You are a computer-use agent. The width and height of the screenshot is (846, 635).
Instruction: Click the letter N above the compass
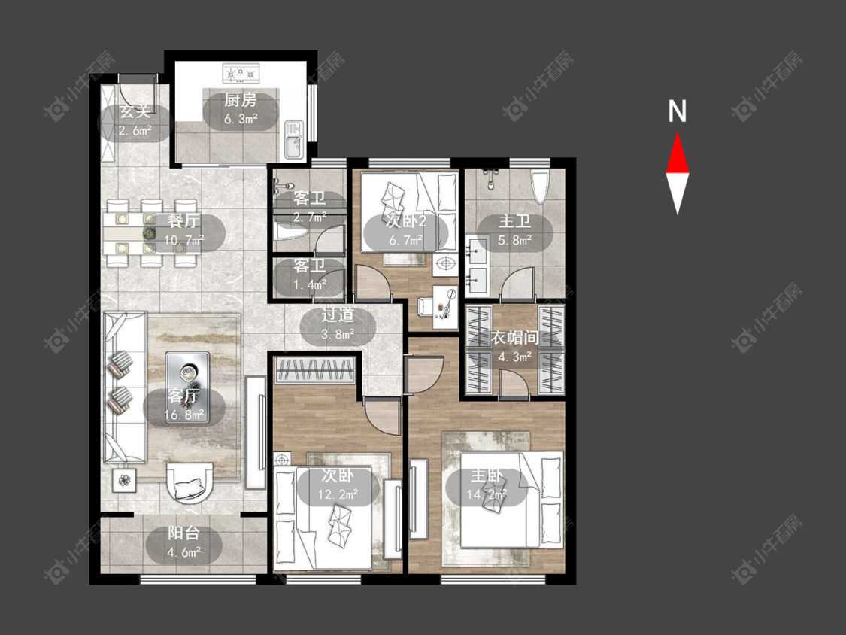(677, 111)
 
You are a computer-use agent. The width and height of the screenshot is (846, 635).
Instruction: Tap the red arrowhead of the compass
(677, 154)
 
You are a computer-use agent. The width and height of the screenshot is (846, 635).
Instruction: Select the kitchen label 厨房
(240, 100)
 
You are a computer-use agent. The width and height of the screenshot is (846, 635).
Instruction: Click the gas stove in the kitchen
(241, 73)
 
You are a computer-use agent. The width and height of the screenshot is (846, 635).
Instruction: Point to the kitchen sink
(293, 139)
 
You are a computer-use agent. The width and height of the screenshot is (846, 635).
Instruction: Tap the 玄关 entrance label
(135, 112)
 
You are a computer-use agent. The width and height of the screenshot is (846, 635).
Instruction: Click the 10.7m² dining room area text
(183, 239)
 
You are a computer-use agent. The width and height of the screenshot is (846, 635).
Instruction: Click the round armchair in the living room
(190, 483)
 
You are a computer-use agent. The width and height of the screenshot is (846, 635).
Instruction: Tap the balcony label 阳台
(183, 533)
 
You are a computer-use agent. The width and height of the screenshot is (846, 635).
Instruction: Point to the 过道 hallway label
(338, 314)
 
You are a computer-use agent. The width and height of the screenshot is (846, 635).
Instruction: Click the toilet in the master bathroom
(540, 186)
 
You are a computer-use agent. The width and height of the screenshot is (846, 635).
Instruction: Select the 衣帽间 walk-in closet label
(514, 338)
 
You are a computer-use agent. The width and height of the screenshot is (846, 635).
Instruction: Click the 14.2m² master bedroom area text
(487, 494)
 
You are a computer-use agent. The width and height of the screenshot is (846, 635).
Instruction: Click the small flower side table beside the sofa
(124, 479)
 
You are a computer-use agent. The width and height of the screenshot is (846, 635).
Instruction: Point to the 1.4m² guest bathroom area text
(310, 284)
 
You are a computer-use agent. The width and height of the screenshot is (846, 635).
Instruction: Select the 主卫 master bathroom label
(514, 221)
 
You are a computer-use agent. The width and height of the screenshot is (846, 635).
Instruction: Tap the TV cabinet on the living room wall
(256, 433)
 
